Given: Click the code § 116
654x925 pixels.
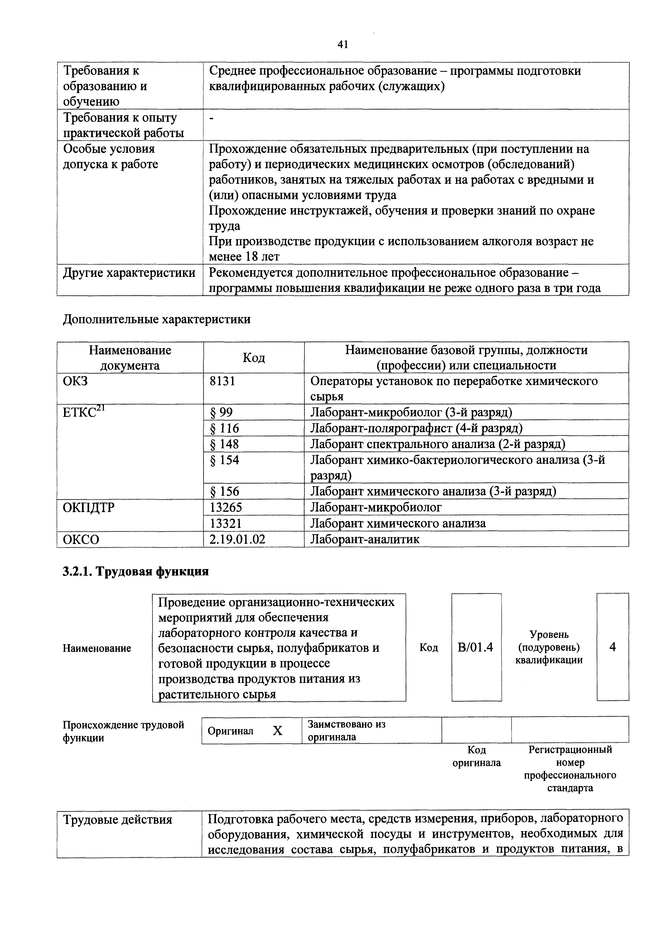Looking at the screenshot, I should [x=224, y=428].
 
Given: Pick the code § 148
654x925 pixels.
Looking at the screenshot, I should [x=224, y=444].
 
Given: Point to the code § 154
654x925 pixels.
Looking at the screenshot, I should [x=224, y=460].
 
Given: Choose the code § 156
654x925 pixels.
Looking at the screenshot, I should [x=224, y=491].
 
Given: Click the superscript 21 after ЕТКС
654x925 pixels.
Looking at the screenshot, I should [x=101, y=408].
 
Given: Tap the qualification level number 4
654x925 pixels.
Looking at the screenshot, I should [x=613, y=647].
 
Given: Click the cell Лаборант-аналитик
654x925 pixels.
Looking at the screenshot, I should [x=365, y=539].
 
